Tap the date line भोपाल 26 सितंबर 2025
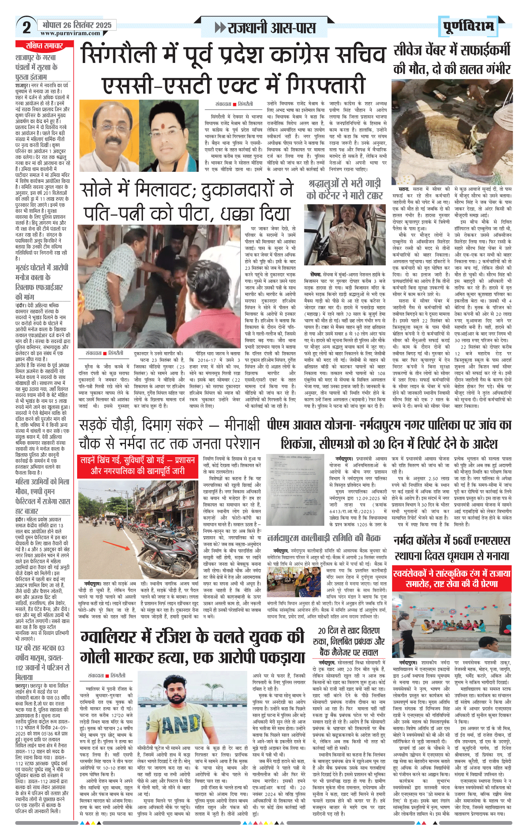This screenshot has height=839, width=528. tap(77, 25)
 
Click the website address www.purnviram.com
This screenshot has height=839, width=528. tap(70, 33)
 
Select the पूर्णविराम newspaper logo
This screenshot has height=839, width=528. tap(468, 26)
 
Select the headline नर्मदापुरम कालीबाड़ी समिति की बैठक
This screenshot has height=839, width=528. tap(324, 538)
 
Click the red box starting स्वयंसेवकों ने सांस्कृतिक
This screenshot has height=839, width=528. tap(451, 578)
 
